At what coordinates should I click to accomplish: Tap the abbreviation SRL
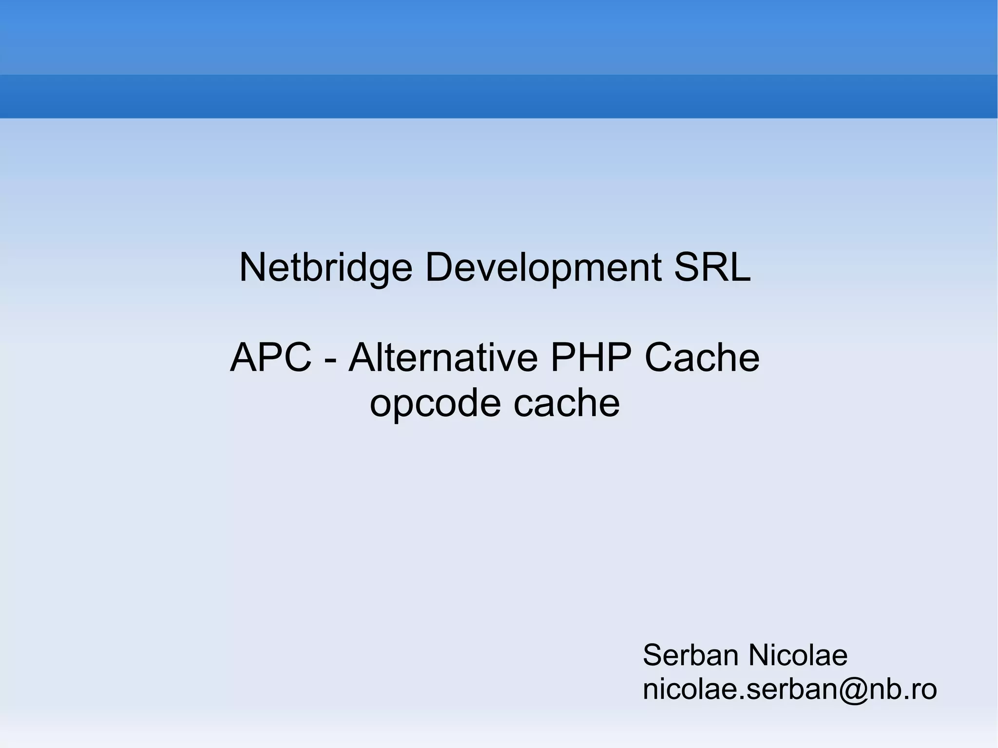(x=712, y=268)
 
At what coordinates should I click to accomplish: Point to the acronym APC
(x=270, y=358)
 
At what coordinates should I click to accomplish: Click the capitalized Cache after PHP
(x=702, y=358)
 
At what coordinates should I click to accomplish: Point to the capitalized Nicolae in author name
(x=798, y=655)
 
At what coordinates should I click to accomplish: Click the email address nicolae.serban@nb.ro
(x=789, y=689)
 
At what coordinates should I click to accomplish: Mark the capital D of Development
(x=438, y=268)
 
